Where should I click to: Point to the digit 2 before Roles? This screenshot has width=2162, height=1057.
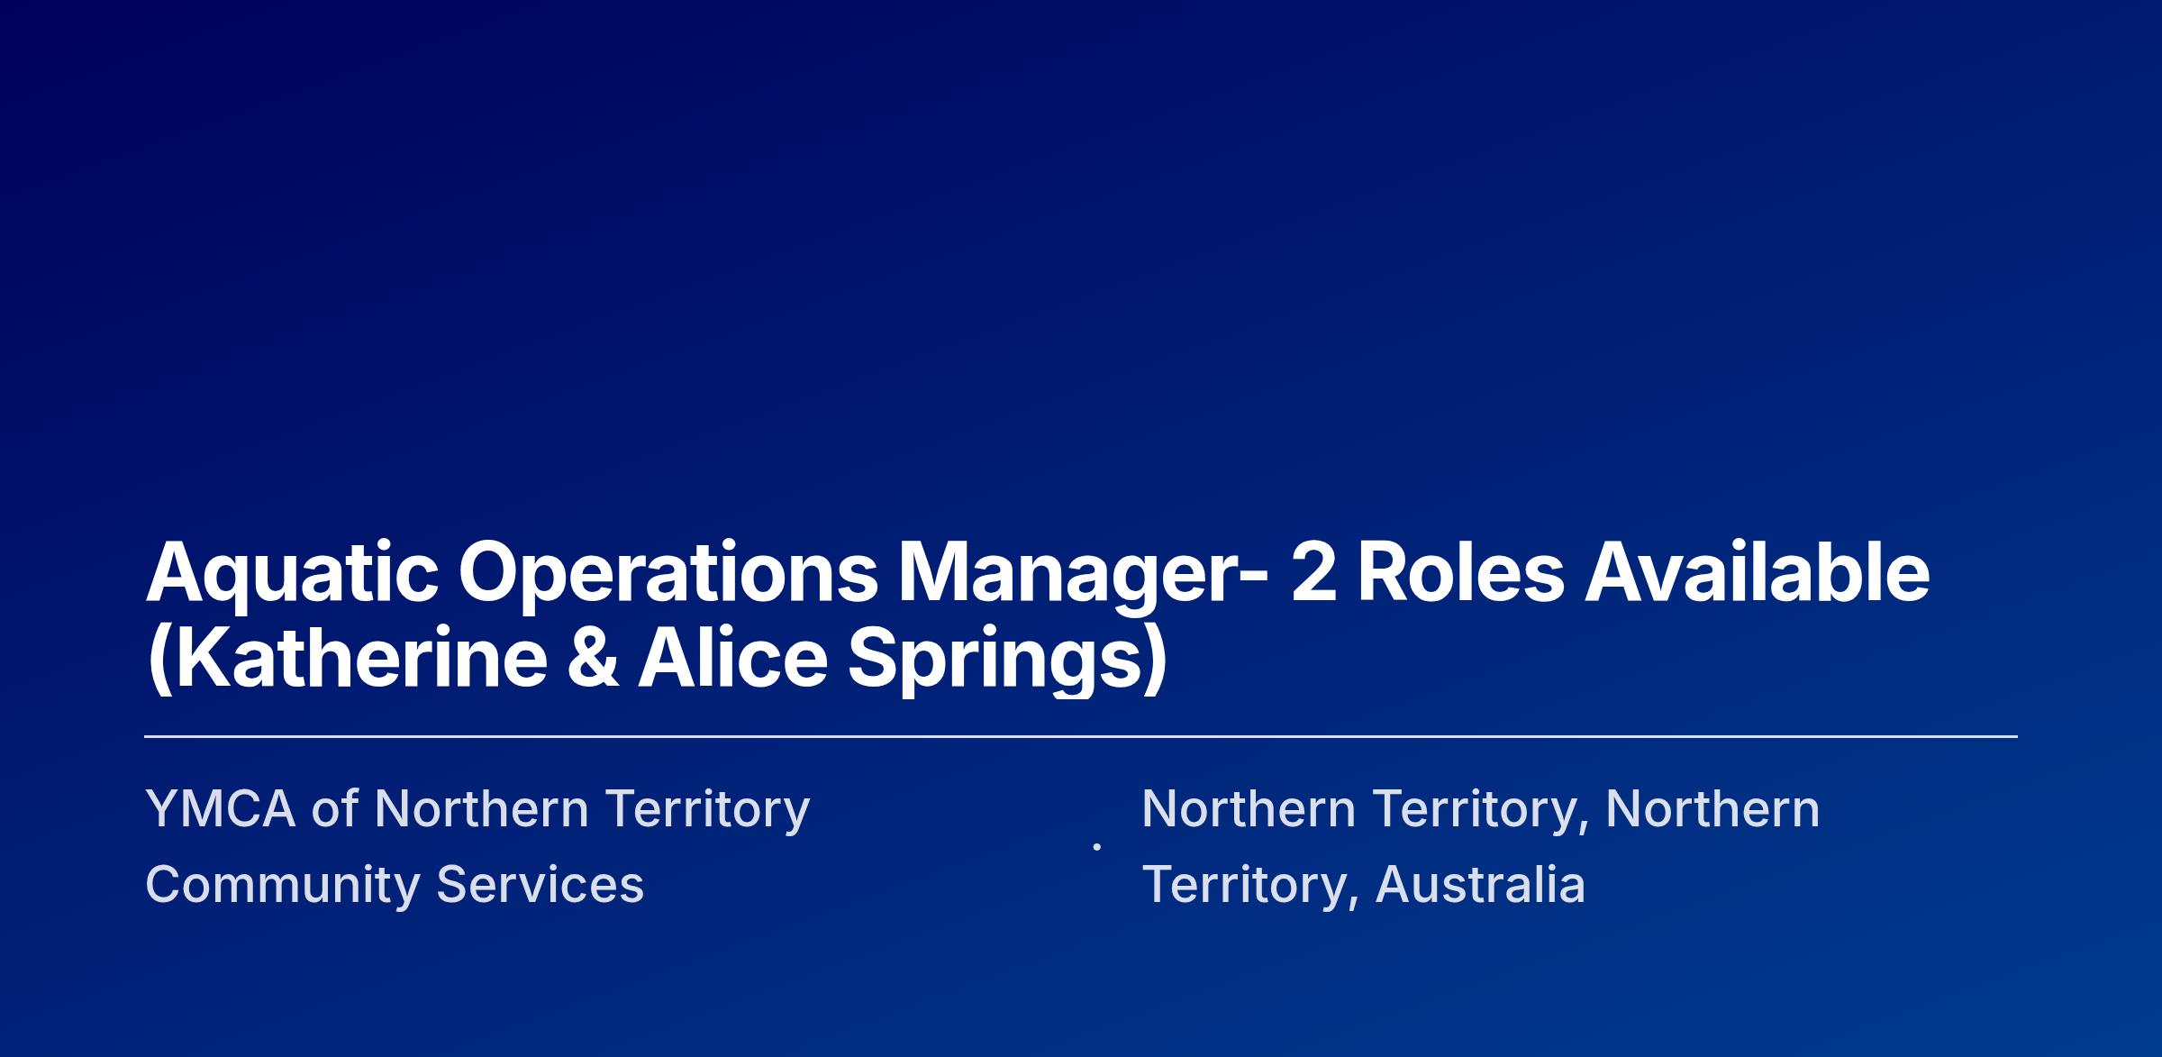click(1314, 571)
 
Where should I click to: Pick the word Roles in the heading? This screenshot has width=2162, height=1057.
click(1460, 571)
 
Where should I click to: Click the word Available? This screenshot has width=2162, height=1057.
click(1757, 571)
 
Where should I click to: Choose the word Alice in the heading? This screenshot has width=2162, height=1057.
click(732, 658)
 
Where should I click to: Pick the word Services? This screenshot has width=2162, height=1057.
click(540, 884)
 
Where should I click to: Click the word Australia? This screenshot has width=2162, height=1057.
click(1480, 884)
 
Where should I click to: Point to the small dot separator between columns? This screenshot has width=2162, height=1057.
click(1096, 846)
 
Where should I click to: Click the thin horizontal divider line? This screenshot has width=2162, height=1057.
click(1081, 736)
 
